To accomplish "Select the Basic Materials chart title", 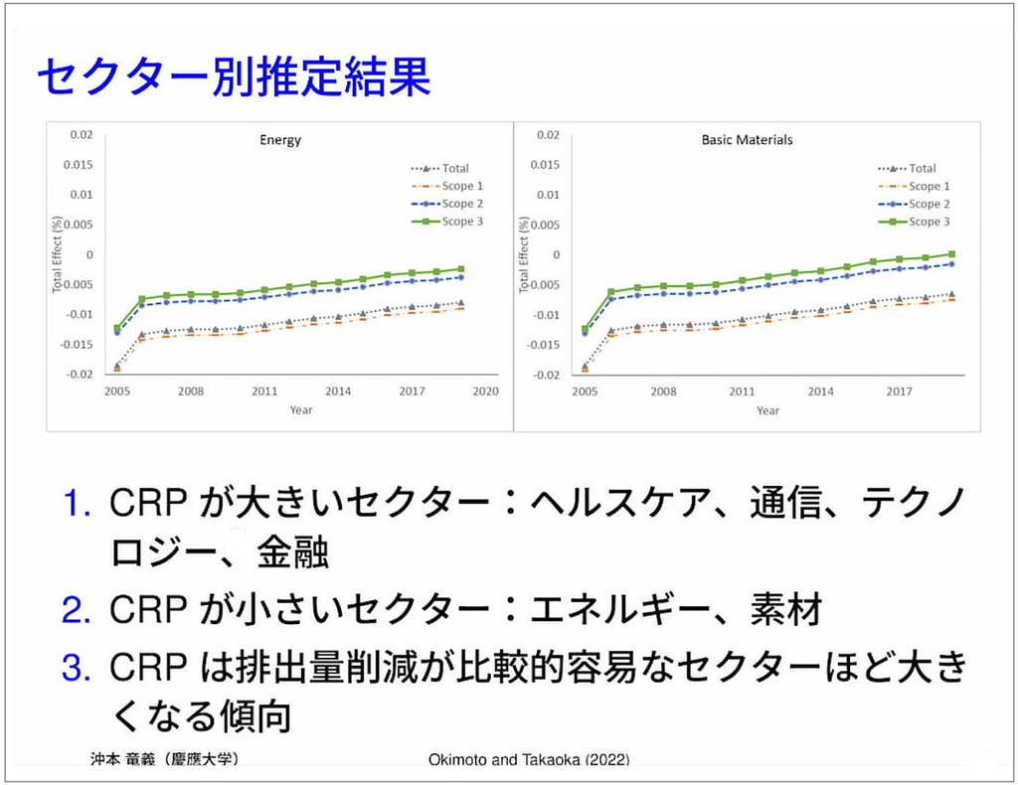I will tap(747, 140).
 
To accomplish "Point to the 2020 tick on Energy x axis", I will tap(485, 392).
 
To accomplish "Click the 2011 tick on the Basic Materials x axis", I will tap(742, 392).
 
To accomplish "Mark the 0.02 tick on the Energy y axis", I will tap(81, 134).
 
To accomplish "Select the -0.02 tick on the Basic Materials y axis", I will tap(546, 376).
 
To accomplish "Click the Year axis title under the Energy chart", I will tap(300, 410).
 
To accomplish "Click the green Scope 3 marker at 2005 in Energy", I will tap(117, 328).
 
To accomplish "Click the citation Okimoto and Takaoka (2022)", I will tap(529, 761).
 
